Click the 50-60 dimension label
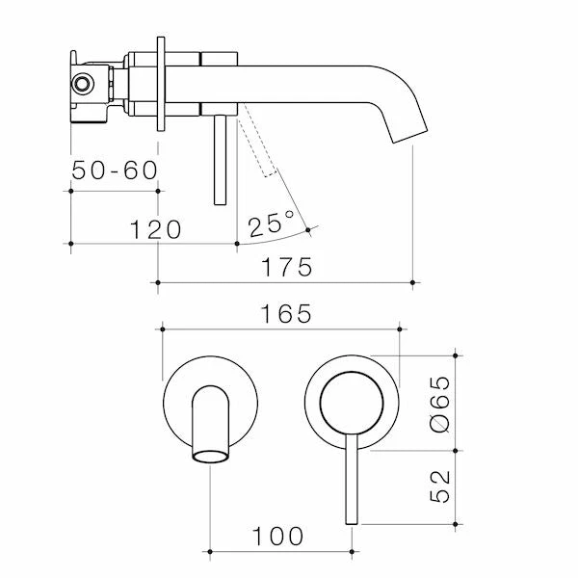115,171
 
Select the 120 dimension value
155,229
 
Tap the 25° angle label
271,224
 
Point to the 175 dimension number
287,267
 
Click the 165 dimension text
286,314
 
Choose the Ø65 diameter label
440,404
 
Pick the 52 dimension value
440,486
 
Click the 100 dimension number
277,537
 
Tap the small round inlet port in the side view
82,83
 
